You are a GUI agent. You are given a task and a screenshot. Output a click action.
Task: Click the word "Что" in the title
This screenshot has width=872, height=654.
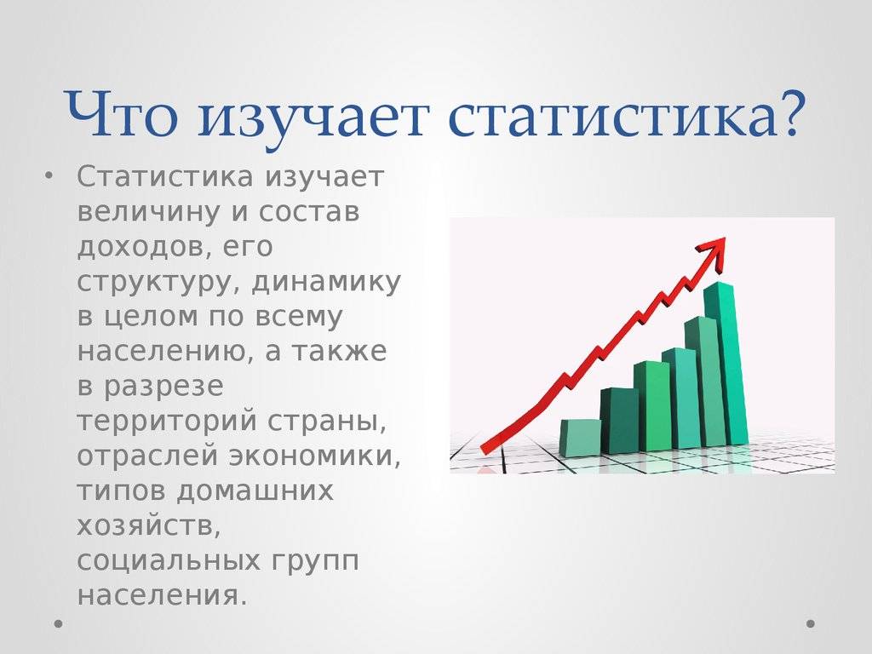tap(121, 114)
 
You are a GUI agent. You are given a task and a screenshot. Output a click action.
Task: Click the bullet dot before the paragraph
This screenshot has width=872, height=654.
tap(49, 176)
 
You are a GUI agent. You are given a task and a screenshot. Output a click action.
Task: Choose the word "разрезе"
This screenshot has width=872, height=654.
tap(163, 387)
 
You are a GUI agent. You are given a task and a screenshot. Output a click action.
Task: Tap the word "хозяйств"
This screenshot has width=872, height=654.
tap(148, 526)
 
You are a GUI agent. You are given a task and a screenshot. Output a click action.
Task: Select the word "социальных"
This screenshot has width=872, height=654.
tap(169, 561)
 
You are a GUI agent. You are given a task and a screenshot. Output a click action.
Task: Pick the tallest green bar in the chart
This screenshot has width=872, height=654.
tap(726, 364)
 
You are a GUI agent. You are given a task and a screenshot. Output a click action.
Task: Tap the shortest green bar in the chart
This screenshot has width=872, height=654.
tap(581, 438)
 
